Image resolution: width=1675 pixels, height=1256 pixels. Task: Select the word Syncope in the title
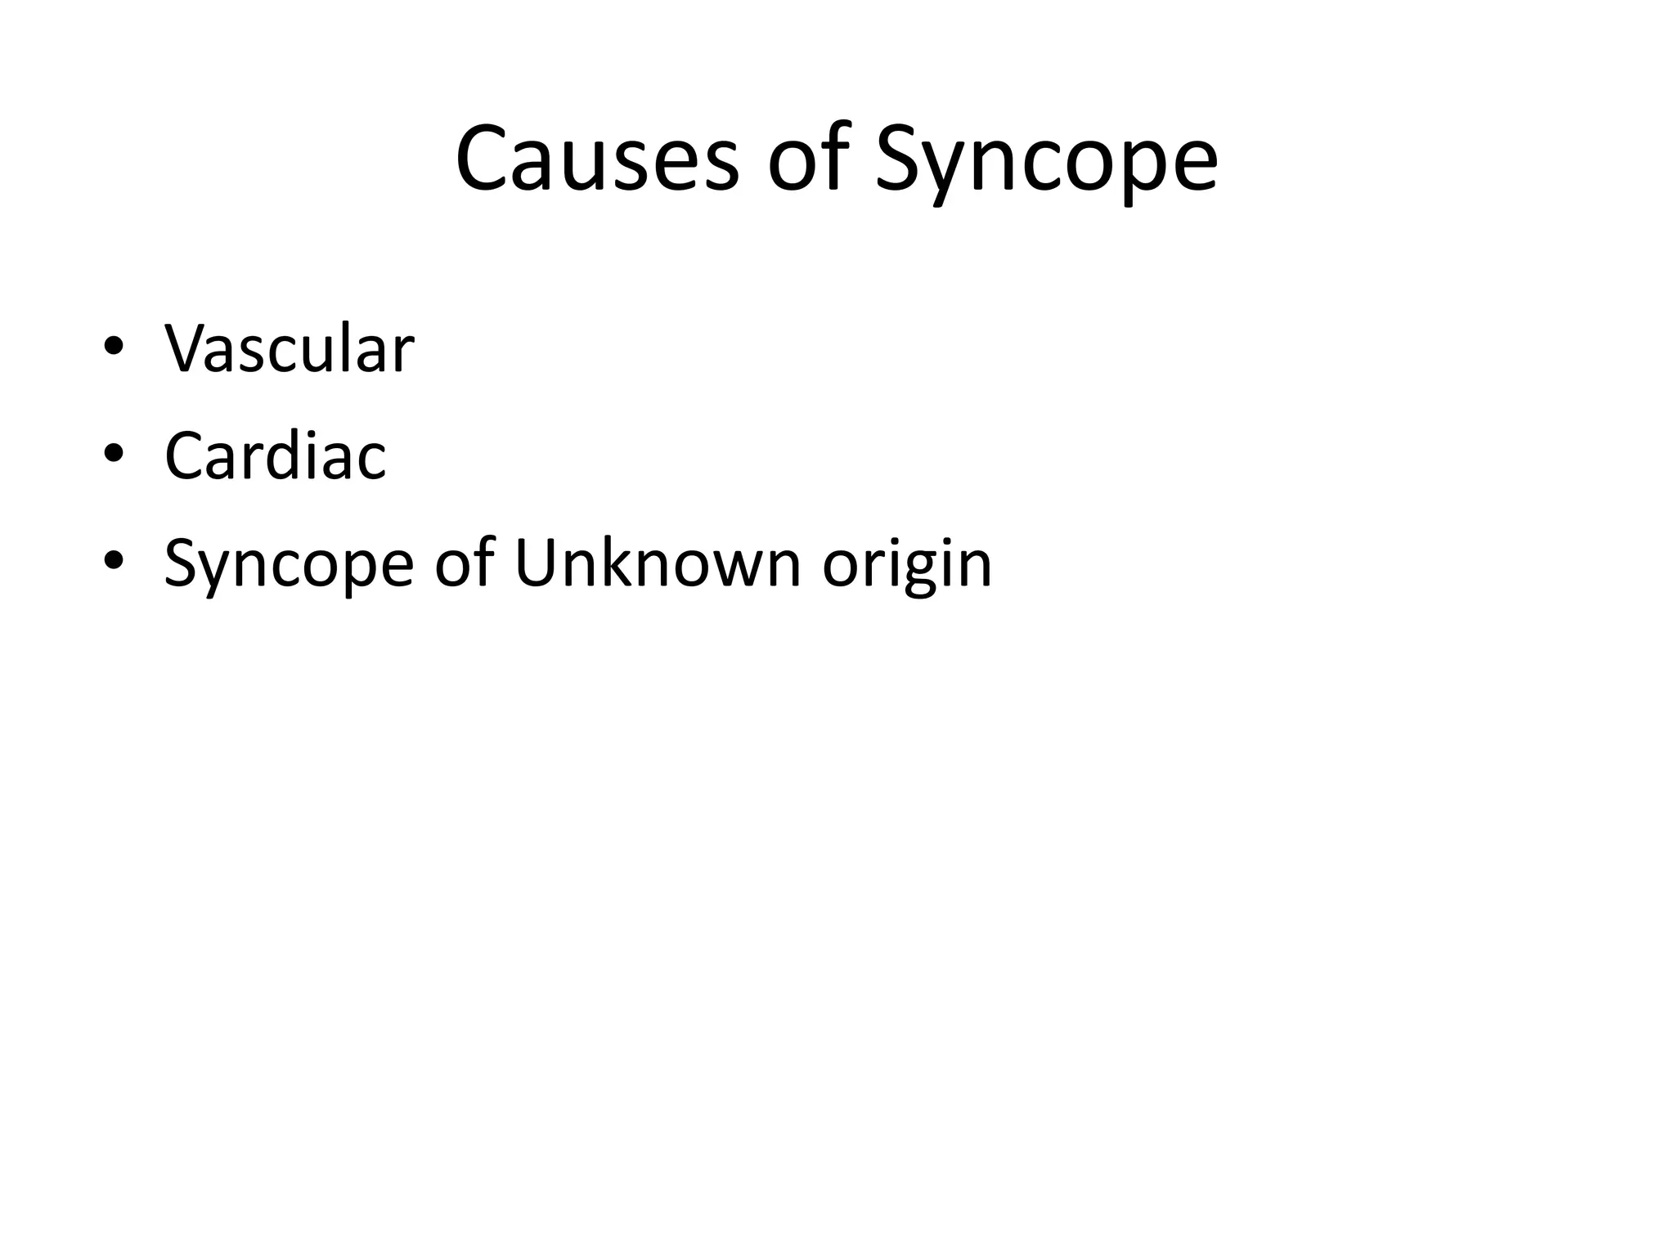coord(1046,164)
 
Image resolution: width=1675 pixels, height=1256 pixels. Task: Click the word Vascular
coord(290,349)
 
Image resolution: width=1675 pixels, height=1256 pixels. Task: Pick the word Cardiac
coord(275,456)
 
